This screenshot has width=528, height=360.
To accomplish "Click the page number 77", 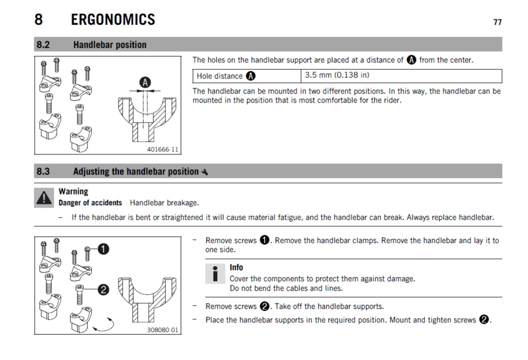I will pos(497,22).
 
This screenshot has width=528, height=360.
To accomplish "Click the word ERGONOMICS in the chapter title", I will pos(113,19).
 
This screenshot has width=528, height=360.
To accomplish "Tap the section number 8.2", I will pos(43,45).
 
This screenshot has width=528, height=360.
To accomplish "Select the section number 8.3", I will pos(43,171).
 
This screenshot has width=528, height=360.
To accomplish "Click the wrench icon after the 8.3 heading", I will pos(205,172).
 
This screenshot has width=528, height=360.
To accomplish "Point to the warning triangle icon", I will pos(44,198).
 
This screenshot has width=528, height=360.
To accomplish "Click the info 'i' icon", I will pos(215,274).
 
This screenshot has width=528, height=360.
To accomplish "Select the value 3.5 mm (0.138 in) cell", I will pos(337,75).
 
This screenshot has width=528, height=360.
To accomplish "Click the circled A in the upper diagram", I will pos(145,82).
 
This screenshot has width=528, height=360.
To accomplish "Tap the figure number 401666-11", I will pos(162,149).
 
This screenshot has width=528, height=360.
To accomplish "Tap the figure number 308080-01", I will pos(162,330).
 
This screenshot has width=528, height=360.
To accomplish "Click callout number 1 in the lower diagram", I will pos(103,249).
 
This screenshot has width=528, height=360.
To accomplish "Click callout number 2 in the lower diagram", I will pos(103,290).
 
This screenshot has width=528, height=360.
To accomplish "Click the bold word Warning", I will pos(73,192).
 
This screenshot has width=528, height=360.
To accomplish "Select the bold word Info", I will pos(236,267).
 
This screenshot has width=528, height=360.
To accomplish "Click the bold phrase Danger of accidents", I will pos(90,203).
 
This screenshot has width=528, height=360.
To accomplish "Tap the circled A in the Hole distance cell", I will pos(251,76).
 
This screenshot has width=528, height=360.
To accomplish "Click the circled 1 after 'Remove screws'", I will pos(264,240).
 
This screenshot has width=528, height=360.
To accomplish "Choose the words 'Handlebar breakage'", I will pos(164,203).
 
